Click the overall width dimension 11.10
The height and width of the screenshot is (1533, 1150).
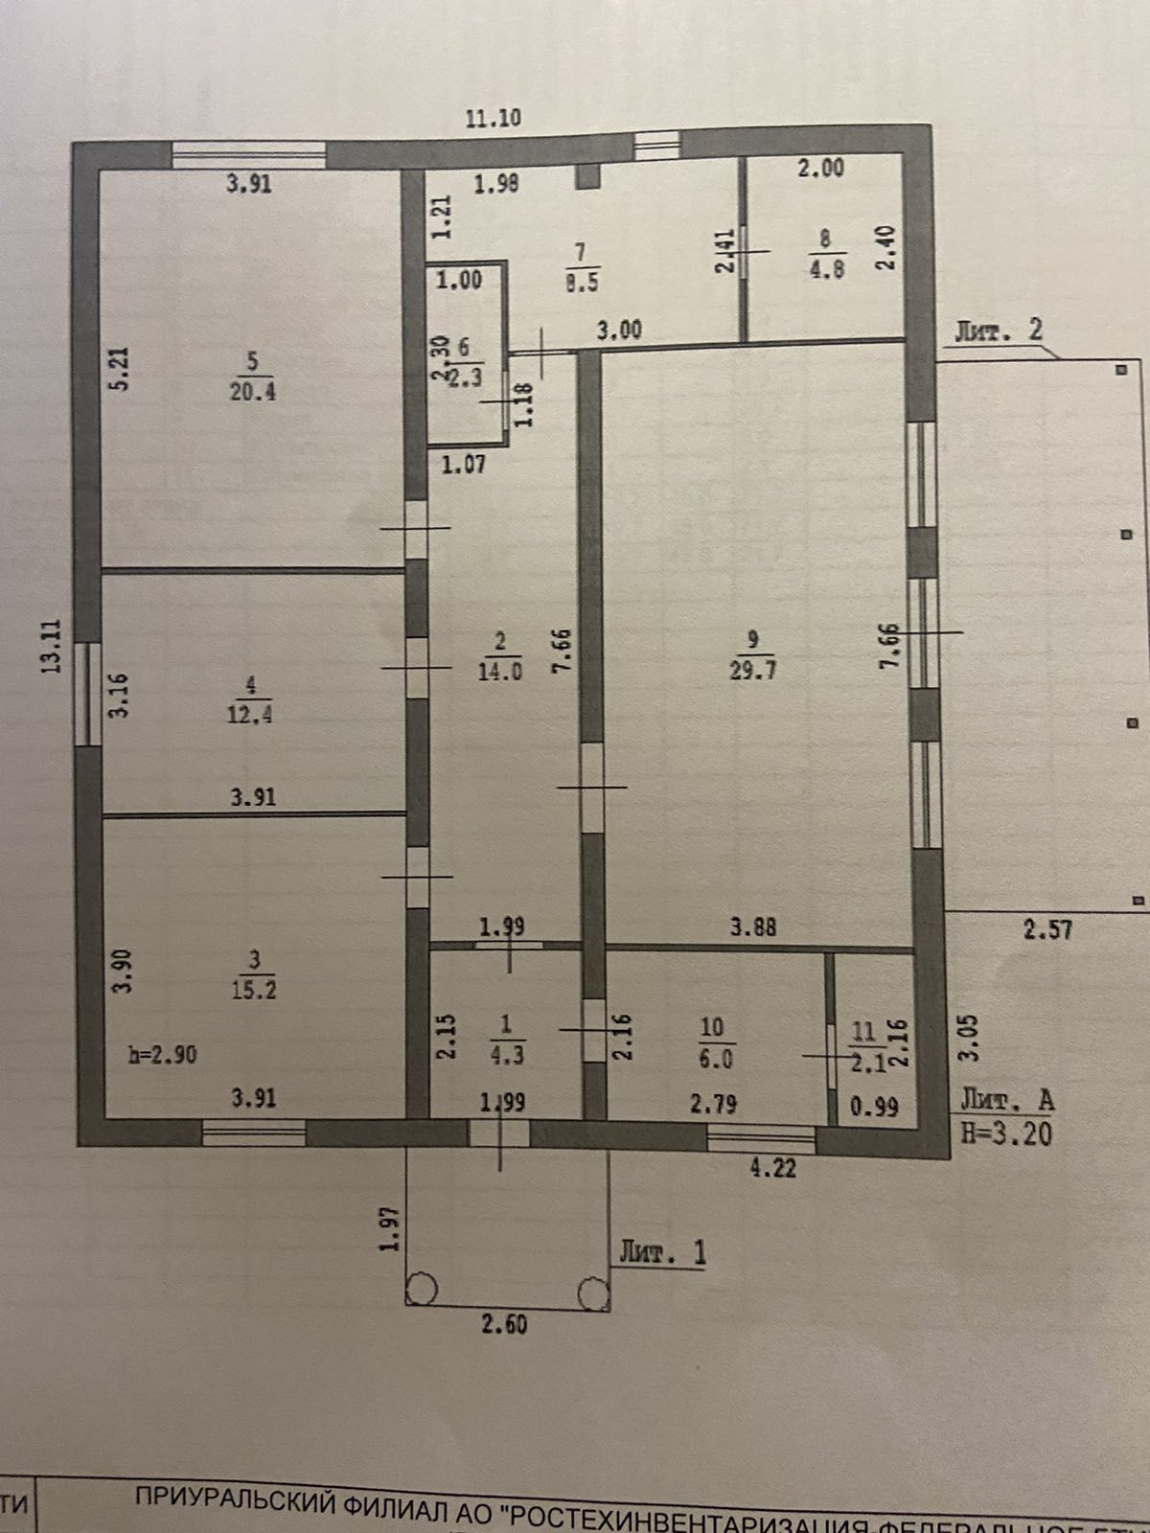tap(493, 119)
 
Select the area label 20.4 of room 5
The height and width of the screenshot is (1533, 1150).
tap(253, 391)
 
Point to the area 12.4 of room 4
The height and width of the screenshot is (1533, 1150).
tap(250, 714)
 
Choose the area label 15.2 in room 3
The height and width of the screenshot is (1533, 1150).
tap(253, 990)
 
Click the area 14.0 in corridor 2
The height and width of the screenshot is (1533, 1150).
tap(499, 672)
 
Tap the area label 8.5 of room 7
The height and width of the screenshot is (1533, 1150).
tap(582, 283)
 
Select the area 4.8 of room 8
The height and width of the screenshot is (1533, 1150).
tap(826, 269)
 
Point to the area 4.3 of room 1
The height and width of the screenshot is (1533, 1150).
tap(506, 1056)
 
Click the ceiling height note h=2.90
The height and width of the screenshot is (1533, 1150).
tap(163, 1055)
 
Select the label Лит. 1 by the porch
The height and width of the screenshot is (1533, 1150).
tap(662, 1252)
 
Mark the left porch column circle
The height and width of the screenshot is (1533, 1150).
tap(422, 1290)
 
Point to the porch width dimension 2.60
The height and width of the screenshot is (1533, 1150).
tap(504, 1326)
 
